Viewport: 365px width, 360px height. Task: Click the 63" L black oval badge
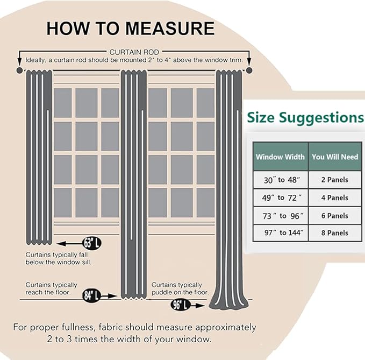(92, 243)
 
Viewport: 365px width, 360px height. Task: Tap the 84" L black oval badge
(91, 295)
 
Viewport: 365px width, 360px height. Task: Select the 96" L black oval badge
(181, 305)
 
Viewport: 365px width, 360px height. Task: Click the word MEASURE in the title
(170, 29)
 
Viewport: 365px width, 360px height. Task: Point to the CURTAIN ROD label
(134, 52)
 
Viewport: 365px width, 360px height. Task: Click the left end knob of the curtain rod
(19, 70)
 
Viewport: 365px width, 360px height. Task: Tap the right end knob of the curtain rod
(249, 70)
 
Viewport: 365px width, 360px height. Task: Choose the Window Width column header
(280, 157)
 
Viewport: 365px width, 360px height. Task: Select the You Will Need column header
(335, 157)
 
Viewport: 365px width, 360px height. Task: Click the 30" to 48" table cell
(281, 180)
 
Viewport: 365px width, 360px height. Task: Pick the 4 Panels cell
(335, 197)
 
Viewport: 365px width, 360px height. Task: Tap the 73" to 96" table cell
(281, 216)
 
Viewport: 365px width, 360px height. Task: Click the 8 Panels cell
(335, 233)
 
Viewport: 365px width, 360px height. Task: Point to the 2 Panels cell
(335, 180)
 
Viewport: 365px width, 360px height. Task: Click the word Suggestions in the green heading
(321, 118)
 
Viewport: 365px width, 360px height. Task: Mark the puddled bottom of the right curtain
(228, 301)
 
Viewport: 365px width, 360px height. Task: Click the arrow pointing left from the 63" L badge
(69, 244)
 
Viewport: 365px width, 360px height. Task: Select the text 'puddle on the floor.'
(180, 292)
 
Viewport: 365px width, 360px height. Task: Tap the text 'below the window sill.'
(59, 263)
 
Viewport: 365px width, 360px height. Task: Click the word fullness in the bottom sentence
(78, 327)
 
